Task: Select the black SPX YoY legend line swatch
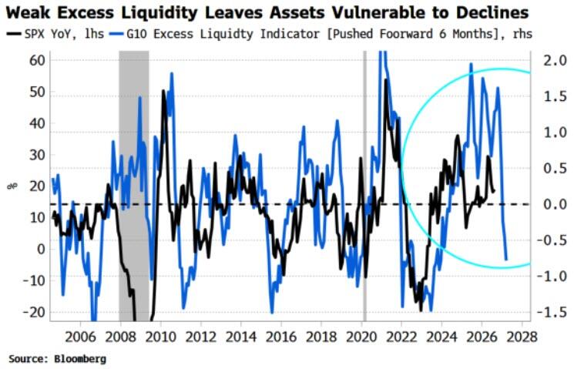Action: (14, 34)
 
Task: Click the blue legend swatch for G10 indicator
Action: (116, 34)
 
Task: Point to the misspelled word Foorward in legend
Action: (405, 34)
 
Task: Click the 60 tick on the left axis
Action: (37, 60)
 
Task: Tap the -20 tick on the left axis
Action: (34, 312)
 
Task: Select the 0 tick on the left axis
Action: (41, 249)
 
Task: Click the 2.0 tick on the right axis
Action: (554, 60)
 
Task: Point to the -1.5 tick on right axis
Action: (551, 312)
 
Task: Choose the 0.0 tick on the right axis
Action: (554, 204)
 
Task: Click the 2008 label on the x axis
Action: (120, 337)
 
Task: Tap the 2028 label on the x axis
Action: (522, 337)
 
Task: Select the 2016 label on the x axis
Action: (281, 337)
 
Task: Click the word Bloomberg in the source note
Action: (80, 359)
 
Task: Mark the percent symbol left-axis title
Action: (12, 186)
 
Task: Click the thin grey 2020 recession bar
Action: (364, 186)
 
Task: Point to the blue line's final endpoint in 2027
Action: (506, 259)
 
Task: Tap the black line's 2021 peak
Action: (385, 79)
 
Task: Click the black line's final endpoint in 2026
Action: (494, 192)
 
